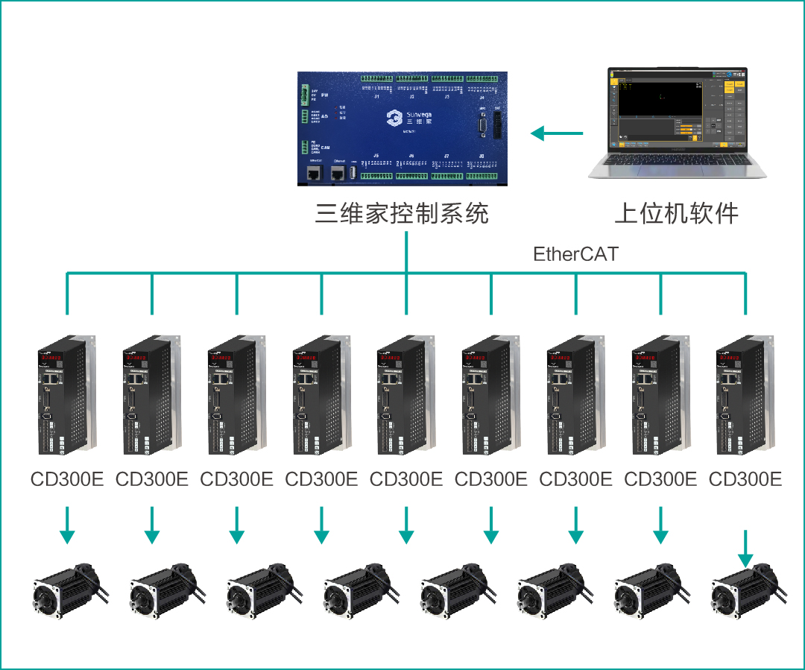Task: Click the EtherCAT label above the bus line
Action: click(x=575, y=254)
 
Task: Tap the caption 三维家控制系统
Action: click(x=402, y=214)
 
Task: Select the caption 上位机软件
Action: click(x=676, y=214)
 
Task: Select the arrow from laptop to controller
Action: click(x=556, y=134)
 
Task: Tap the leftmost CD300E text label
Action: click(x=67, y=479)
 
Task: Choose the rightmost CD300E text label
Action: click(x=745, y=479)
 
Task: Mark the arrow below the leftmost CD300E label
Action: click(x=67, y=525)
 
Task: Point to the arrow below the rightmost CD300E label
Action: click(x=745, y=548)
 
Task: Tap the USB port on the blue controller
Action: click(x=353, y=173)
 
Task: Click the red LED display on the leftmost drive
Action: click(x=51, y=358)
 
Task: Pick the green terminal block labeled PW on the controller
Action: click(x=304, y=95)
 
